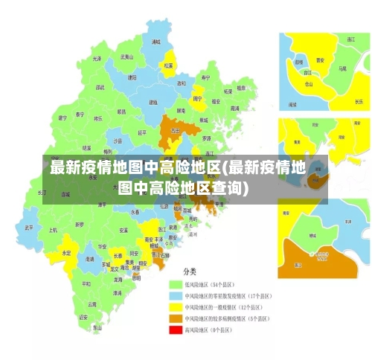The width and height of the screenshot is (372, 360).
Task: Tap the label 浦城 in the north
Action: coord(155,42)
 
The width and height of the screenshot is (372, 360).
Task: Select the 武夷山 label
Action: coord(128,57)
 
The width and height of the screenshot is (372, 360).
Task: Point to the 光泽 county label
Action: coord(97,58)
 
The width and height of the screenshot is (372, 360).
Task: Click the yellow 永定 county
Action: coord(66,253)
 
